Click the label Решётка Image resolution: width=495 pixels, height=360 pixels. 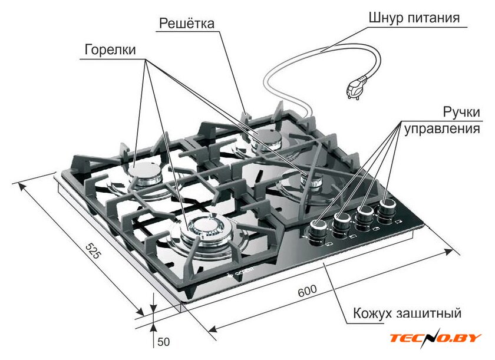pos(187,24)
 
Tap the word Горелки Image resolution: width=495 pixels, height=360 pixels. pos(110,50)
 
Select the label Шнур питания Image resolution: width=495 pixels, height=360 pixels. pos(414,17)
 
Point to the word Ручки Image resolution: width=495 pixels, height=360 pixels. pos(461,112)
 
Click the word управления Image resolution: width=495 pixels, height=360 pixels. pos(442,129)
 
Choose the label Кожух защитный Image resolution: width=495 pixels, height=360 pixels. pos(407,313)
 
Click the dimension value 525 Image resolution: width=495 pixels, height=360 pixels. pos(93,251)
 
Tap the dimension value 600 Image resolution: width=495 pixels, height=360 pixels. pos(307,291)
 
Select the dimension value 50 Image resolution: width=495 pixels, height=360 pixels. pos(164,342)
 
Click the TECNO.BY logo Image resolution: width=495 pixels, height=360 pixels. pos(435,338)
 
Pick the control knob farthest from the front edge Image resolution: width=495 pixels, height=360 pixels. pos(387,208)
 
